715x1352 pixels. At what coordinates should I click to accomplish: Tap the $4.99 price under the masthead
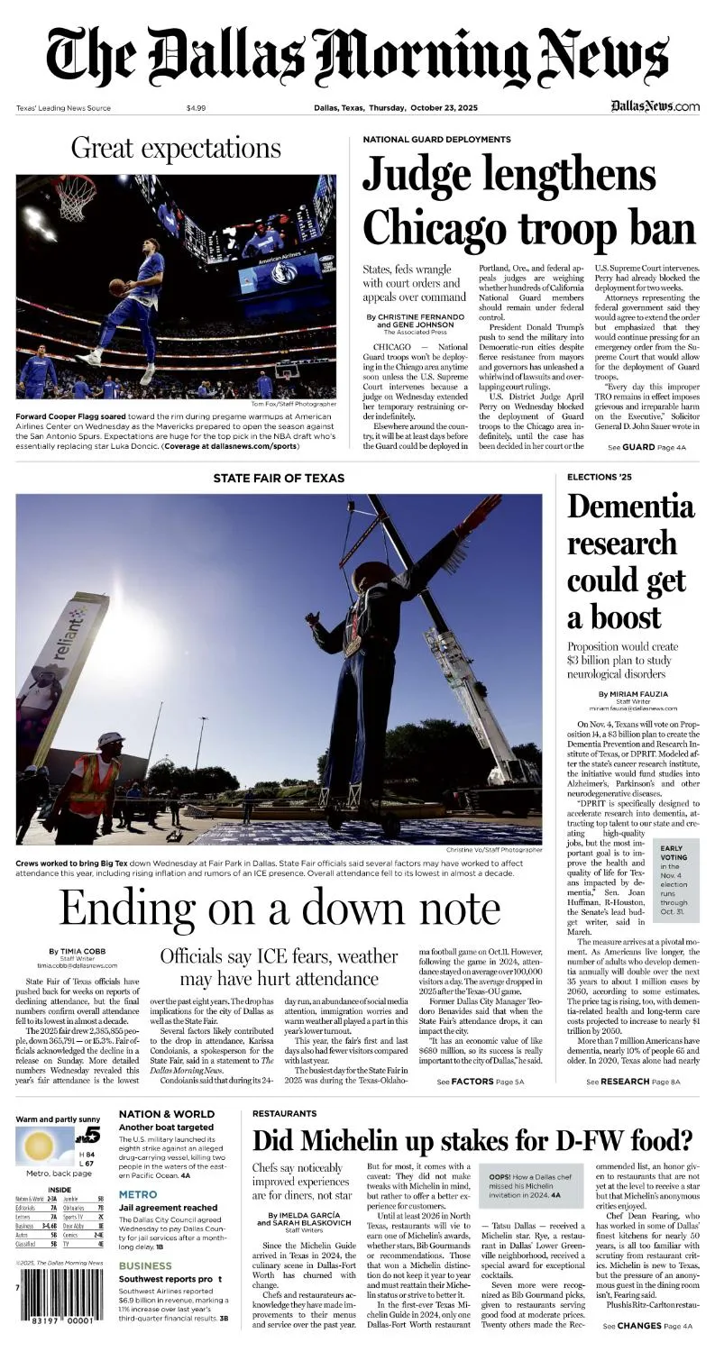point(196,108)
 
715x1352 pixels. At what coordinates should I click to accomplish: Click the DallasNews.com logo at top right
point(654,106)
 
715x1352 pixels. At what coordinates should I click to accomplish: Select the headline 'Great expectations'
point(176,147)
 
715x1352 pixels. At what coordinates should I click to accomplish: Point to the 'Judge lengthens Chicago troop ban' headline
point(529,201)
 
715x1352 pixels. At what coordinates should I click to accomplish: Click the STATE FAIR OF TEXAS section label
point(280,478)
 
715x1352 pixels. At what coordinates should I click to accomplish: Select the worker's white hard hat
point(110,740)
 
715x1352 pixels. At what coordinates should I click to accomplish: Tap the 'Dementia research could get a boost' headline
point(627,562)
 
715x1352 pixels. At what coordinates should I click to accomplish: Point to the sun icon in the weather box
point(40,1146)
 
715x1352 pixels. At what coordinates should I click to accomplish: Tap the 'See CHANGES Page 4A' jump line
point(647,1326)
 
